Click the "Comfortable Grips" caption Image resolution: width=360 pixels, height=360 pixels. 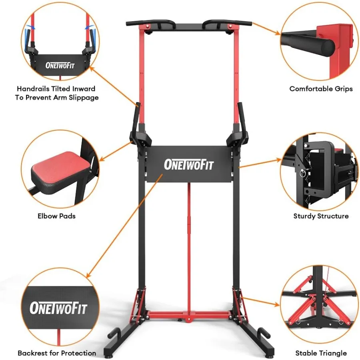pos(321,89)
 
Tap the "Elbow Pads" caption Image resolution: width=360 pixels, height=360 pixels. pos(56,216)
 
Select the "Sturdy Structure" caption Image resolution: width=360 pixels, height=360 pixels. pos(321,216)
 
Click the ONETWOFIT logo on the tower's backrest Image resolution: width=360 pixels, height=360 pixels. pos(188,164)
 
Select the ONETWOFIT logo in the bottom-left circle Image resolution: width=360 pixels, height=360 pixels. pos(58,308)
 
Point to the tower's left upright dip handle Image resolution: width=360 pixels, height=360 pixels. pos(138,116)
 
